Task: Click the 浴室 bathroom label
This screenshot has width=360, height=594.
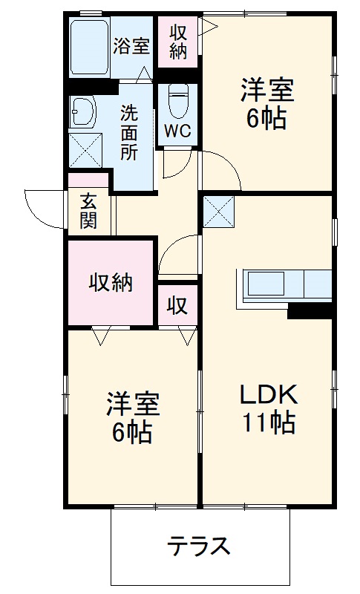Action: pos(131,46)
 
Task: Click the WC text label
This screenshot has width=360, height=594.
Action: pos(177,131)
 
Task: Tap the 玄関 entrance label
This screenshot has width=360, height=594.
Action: pos(88,211)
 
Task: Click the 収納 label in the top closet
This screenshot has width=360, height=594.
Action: pos(178,42)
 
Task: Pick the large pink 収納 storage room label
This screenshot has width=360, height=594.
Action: pos(111,283)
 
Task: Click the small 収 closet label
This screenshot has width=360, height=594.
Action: pos(177,304)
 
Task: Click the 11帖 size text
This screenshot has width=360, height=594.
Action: pos(267,422)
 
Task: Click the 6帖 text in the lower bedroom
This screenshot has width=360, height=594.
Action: pos(132,431)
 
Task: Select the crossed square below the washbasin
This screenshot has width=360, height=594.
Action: pos(83,150)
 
